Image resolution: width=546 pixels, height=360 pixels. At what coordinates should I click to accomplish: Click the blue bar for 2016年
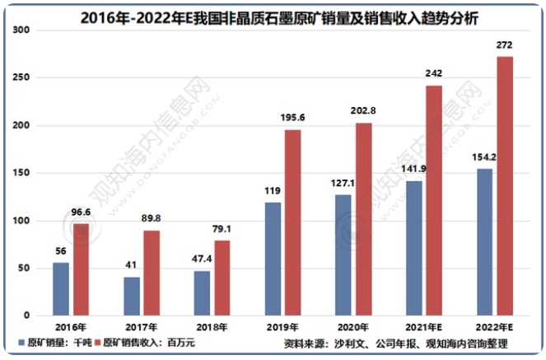pos(61,289)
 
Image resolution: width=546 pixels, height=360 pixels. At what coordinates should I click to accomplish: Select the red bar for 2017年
pos(152,273)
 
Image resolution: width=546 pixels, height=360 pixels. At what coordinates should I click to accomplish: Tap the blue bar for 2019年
pos(273,259)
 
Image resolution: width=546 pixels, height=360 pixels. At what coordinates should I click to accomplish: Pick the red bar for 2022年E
pos(505,186)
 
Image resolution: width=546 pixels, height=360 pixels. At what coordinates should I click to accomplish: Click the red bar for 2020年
pos(363,219)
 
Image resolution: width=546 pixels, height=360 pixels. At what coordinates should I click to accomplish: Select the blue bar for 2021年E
pos(413,248)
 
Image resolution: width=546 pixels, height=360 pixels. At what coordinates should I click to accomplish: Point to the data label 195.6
pos(292,119)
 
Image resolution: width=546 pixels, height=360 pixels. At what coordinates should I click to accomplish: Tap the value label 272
pos(505,44)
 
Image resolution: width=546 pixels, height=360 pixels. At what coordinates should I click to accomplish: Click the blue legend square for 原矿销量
pos(21,343)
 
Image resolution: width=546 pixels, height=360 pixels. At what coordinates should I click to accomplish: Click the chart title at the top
pos(273,16)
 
